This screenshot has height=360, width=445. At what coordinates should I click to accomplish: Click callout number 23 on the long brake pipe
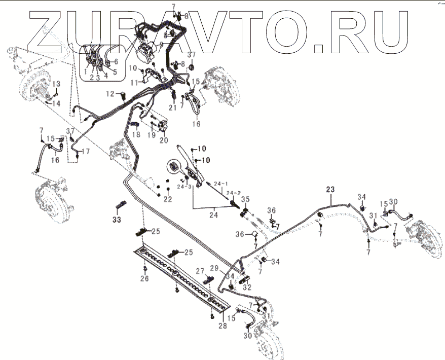coord(330,189)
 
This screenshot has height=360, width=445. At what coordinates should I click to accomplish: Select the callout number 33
coord(117,220)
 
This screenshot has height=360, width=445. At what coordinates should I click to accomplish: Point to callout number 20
coord(164,140)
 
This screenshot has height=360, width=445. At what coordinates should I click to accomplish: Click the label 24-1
coord(220,183)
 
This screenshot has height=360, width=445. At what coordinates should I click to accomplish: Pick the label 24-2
coord(234,193)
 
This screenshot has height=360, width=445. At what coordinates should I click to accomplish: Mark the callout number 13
coord(56,83)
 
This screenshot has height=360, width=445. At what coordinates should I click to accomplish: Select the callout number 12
coord(110,93)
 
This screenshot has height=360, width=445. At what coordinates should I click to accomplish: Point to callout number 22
coord(168,199)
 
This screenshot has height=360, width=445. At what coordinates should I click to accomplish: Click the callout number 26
coord(145,278)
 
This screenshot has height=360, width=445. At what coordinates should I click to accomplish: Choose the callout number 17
coord(86,151)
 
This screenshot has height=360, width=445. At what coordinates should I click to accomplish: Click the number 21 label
coord(173,107)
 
